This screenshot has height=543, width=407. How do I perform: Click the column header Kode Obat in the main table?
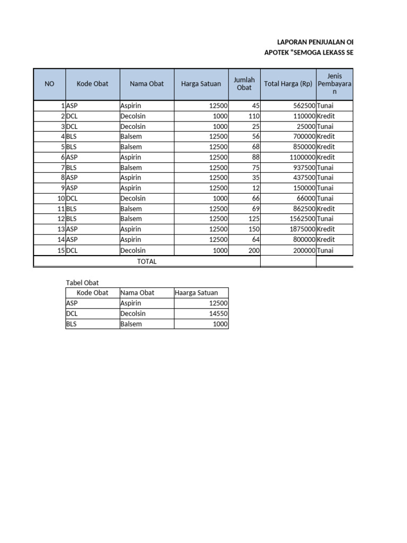[92, 84]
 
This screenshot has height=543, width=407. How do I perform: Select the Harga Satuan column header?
[201, 84]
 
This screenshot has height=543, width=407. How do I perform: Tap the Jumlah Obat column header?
[244, 84]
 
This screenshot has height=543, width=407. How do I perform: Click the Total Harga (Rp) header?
[288, 84]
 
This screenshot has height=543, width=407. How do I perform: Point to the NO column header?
[49, 84]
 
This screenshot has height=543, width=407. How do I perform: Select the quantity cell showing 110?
[254, 116]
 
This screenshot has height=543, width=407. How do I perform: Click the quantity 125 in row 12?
[254, 219]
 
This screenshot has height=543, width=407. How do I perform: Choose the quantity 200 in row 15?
[254, 250]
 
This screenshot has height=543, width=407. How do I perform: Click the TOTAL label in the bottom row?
[147, 261]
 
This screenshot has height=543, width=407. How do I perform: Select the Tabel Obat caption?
[82, 283]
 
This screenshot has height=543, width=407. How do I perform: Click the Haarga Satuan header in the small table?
[196, 293]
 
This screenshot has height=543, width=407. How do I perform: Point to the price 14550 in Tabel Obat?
[218, 313]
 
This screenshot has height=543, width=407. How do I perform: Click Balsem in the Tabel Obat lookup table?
[131, 324]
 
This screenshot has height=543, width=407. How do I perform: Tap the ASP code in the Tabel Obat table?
[72, 303]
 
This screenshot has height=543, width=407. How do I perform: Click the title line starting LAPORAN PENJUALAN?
[315, 42]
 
